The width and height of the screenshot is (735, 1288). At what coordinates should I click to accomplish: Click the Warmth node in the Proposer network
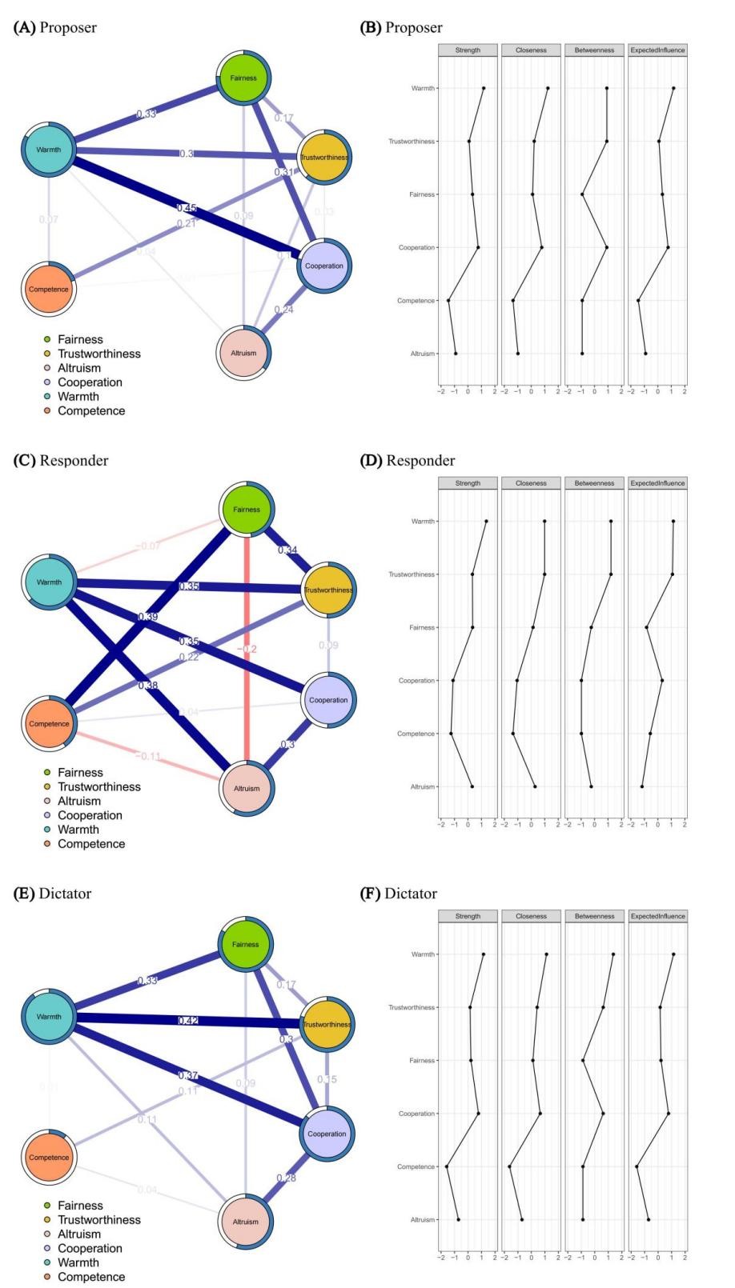49,150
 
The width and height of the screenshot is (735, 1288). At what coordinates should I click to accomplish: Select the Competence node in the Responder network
49,724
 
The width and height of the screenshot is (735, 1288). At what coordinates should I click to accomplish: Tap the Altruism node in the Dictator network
246,1222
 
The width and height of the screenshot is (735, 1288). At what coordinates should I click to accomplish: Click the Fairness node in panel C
247,510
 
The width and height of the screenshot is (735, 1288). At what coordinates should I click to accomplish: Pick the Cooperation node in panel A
323,266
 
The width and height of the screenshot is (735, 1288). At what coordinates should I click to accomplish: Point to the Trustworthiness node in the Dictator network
327,1025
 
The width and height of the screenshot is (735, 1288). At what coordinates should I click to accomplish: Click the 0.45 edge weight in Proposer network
187,208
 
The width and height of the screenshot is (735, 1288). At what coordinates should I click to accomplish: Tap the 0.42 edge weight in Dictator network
188,1021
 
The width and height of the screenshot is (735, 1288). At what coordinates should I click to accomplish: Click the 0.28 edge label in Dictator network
286,1178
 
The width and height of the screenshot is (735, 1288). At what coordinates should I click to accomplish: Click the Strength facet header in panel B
468,50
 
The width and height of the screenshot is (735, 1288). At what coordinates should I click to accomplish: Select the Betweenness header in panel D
594,483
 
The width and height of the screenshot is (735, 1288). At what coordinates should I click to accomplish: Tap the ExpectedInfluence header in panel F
657,916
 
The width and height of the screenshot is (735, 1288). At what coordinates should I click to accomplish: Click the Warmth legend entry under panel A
78,397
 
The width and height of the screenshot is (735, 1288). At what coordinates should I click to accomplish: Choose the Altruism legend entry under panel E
78,1234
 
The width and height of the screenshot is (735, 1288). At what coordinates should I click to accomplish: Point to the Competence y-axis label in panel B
416,301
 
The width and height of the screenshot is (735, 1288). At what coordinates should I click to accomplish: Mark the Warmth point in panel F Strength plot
484,954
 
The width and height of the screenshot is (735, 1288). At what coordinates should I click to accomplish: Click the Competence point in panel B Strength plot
448,301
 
